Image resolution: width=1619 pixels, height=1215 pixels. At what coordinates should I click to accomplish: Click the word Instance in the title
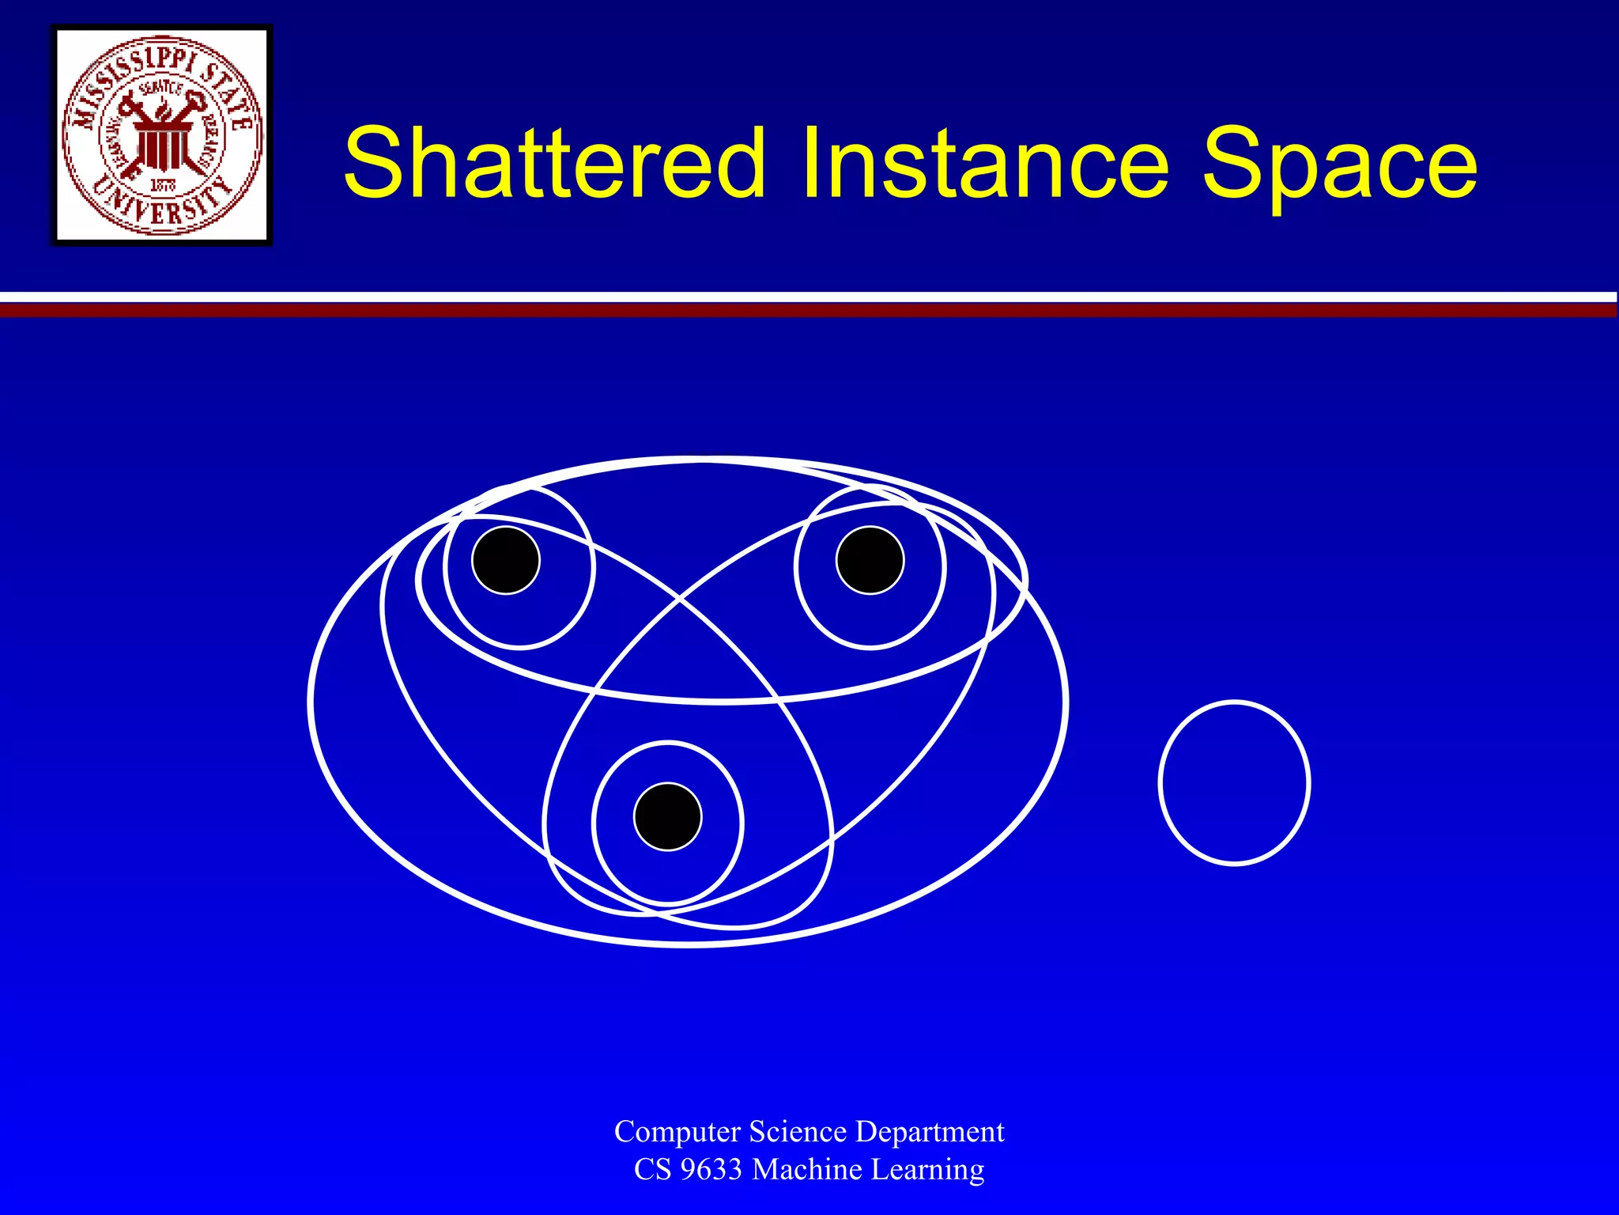coord(984,164)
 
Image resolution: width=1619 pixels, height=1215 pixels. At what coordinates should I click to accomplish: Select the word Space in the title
coord(1339,164)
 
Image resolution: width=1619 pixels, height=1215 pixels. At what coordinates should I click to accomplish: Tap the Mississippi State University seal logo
coord(162,135)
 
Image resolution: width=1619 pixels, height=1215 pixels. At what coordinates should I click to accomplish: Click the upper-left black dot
coord(506,560)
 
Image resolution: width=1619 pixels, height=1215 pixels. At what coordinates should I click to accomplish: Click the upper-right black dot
coord(870,560)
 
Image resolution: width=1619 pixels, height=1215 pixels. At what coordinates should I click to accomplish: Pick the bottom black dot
coord(668,816)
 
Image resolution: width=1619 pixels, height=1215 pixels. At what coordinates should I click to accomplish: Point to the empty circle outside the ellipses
coord(1234,782)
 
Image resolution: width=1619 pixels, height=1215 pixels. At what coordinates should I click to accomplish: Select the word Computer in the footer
coord(677,1131)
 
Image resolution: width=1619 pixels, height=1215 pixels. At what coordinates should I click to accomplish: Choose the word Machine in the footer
coord(806,1169)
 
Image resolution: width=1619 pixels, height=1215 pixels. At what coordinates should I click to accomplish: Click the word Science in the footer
coord(798,1131)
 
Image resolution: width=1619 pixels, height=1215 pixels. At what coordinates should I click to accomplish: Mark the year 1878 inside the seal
coord(163,185)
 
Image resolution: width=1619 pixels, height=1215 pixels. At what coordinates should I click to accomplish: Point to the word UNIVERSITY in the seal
coord(162,207)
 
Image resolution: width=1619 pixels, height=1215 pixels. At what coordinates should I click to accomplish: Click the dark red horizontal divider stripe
coord(809,310)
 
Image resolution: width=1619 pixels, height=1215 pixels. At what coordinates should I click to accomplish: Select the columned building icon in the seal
coord(162,146)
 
